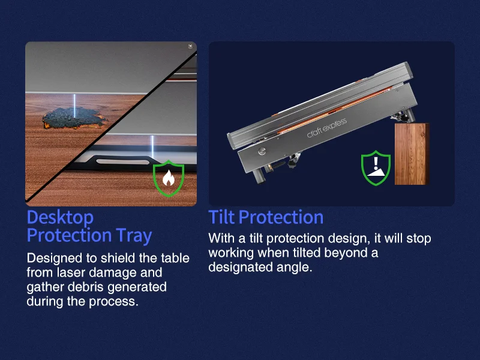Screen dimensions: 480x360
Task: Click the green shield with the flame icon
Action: tap(169, 178)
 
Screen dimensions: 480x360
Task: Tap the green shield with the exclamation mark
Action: tap(376, 168)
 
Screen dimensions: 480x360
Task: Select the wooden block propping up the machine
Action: tap(412, 154)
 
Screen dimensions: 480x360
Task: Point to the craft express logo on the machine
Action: tap(326, 127)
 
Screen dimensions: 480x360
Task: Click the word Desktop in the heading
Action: tap(61, 217)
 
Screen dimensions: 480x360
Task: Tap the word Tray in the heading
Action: tap(134, 235)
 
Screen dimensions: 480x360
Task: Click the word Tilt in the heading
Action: tap(221, 217)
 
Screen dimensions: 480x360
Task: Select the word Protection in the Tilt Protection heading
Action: tap(281, 217)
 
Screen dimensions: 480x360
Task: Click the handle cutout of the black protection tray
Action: tap(123, 161)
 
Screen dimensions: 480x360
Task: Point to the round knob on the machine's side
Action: tap(262, 151)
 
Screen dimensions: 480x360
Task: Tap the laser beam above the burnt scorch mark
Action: tap(74, 105)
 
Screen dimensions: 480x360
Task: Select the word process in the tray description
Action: tap(113, 302)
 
